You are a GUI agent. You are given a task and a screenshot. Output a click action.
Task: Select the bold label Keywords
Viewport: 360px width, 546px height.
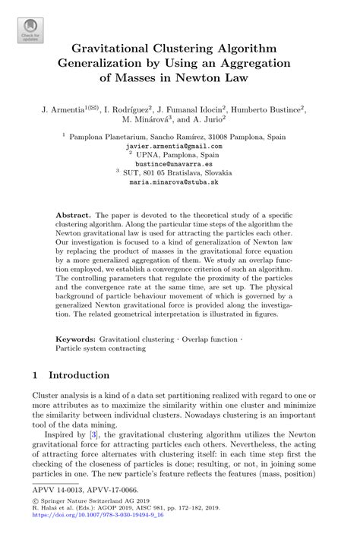pos(76,339)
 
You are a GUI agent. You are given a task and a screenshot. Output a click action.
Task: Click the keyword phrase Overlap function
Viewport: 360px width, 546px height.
pos(201,339)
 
